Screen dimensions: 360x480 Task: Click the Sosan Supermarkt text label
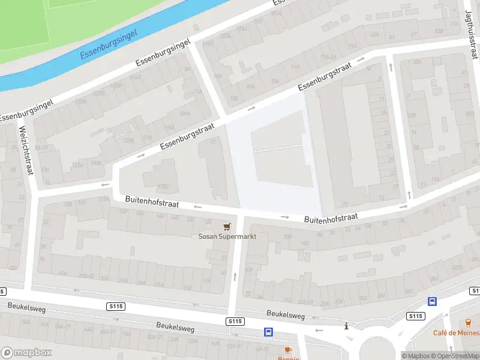[227, 236]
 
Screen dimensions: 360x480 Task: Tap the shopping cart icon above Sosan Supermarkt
[227, 226]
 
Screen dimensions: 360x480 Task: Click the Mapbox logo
[26, 353]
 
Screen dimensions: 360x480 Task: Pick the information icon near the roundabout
[346, 326]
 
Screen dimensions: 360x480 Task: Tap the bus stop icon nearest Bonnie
[268, 332]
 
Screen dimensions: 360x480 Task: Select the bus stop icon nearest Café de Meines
[432, 301]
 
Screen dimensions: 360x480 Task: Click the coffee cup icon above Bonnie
[287, 350]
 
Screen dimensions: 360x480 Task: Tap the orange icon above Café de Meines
[469, 323]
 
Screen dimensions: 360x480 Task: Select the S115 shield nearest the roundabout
[415, 316]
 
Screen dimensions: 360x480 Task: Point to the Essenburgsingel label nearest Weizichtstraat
[27, 109]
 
